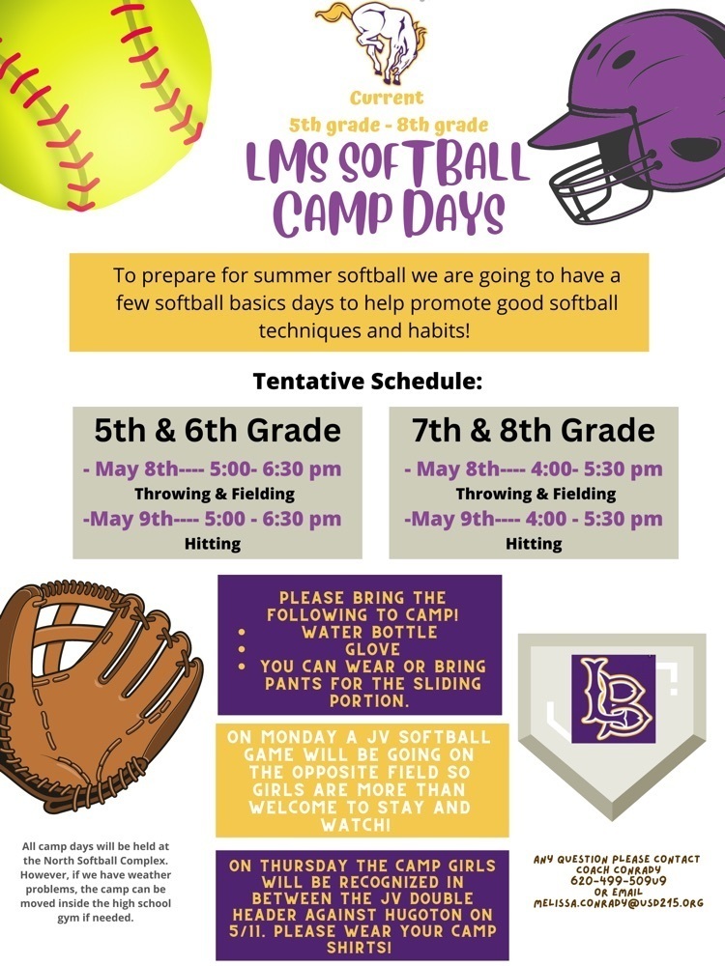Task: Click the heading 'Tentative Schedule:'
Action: tap(367, 381)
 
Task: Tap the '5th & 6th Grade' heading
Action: tap(217, 429)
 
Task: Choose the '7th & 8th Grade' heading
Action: tap(534, 429)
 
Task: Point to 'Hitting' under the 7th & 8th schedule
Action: tap(534, 544)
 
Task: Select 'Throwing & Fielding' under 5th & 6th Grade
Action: tap(215, 495)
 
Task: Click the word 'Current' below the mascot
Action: tap(387, 99)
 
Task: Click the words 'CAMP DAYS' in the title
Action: tap(389, 212)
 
